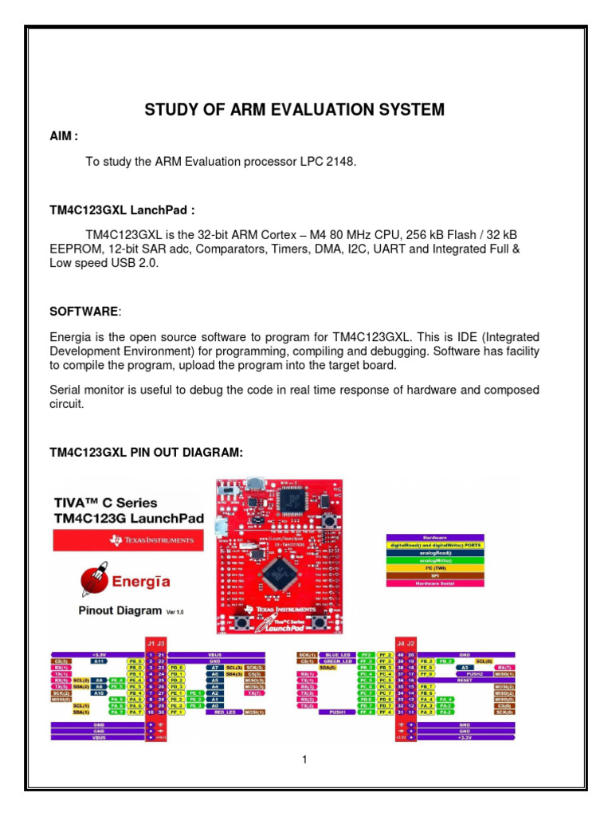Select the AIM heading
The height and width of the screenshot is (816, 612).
pos(63,137)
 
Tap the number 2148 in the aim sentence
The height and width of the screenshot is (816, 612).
pos(341,162)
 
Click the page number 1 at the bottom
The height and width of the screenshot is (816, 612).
pos(305,759)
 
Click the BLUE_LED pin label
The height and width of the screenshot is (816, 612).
pos(335,654)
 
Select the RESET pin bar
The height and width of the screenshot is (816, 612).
pos(465,679)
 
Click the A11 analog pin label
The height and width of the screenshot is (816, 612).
pos(98,661)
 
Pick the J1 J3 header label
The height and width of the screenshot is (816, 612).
pos(155,642)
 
